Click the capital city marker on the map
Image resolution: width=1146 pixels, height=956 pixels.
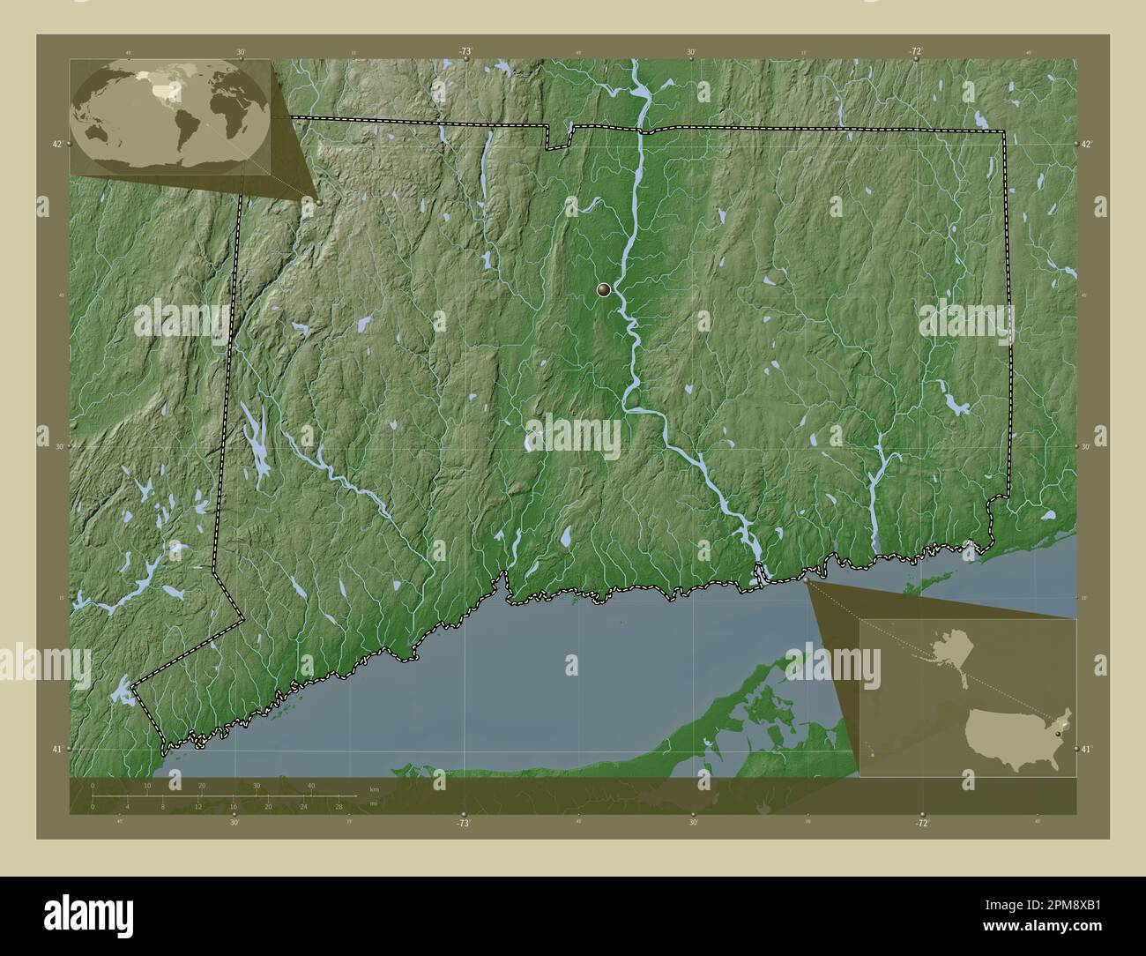(604, 288)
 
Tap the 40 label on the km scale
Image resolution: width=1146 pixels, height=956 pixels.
(310, 785)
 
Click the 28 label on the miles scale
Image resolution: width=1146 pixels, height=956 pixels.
(339, 806)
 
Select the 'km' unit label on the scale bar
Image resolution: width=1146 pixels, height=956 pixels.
(374, 788)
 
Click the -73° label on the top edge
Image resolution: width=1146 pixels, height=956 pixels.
(465, 52)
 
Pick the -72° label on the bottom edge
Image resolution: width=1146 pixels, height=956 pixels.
(921, 822)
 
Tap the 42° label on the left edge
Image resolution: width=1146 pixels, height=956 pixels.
(57, 144)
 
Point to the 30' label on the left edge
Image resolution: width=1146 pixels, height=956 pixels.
(58, 446)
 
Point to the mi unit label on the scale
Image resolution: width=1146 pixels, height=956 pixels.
(374, 803)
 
